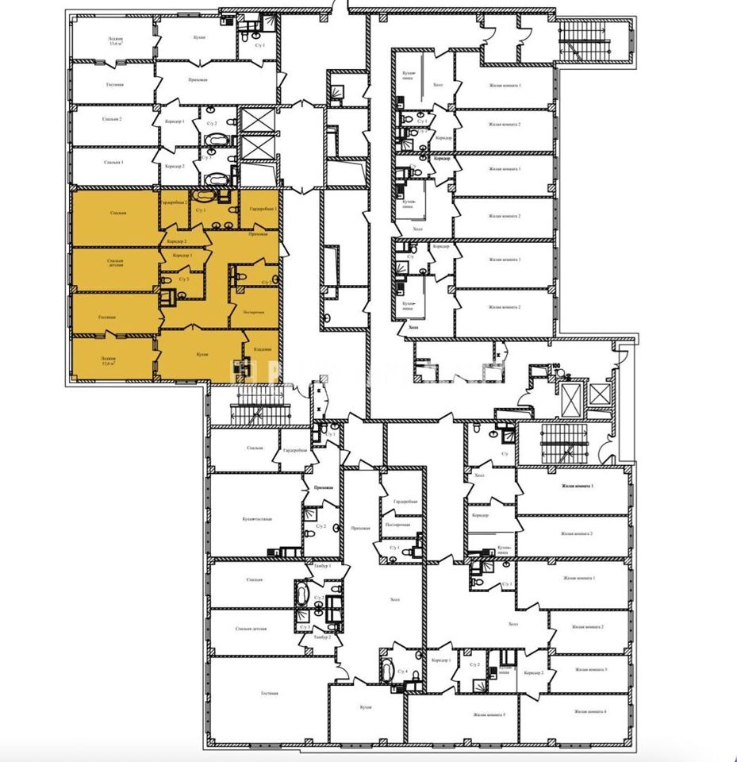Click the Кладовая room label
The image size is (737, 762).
(x=263, y=350)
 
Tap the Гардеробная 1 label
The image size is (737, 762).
(x=263, y=208)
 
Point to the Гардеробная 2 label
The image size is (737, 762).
(x=174, y=202)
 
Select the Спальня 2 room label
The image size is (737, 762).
(x=114, y=119)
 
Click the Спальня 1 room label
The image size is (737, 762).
(x=114, y=161)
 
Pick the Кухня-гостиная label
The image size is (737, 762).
(x=258, y=519)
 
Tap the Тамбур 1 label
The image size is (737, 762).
(x=321, y=566)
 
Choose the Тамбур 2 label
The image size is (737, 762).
(x=321, y=637)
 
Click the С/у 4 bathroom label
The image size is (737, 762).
(x=402, y=672)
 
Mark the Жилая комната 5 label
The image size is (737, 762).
(x=489, y=715)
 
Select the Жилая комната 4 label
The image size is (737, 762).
(x=594, y=711)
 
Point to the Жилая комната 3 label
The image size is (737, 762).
(x=594, y=670)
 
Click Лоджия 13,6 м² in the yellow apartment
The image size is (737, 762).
(x=109, y=360)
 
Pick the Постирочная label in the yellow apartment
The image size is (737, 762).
(x=255, y=312)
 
